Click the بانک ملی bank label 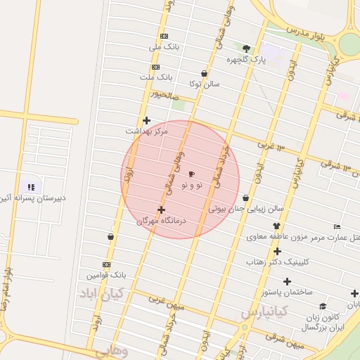click(165, 47)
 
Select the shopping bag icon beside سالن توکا click(204, 73)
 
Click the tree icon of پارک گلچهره click(246, 49)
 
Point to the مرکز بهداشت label click(147, 131)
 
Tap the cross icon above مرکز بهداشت click(146, 120)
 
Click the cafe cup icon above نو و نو click(192, 174)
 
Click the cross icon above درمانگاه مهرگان click(162, 210)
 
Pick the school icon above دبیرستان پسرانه click(31, 187)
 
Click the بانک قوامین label click(105, 275)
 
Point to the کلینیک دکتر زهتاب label click(277, 262)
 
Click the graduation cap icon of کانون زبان click(322, 306)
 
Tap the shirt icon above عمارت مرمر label click(276, 226)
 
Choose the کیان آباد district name click(101, 291)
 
